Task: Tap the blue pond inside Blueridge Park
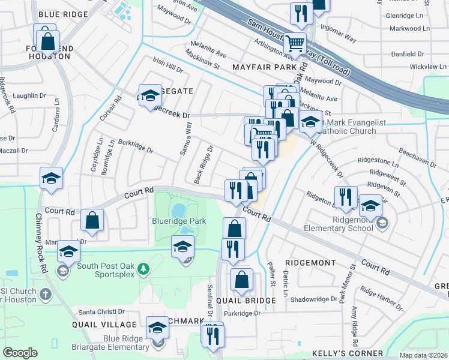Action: [x=178, y=211]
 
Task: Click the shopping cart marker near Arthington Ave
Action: [x=295, y=44]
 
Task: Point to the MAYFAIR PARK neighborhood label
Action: [x=261, y=68]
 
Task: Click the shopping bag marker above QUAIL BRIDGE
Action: [x=241, y=280]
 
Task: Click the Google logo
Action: [x=20, y=353]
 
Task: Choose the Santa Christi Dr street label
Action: [x=101, y=312]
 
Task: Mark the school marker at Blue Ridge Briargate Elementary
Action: [x=157, y=328]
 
